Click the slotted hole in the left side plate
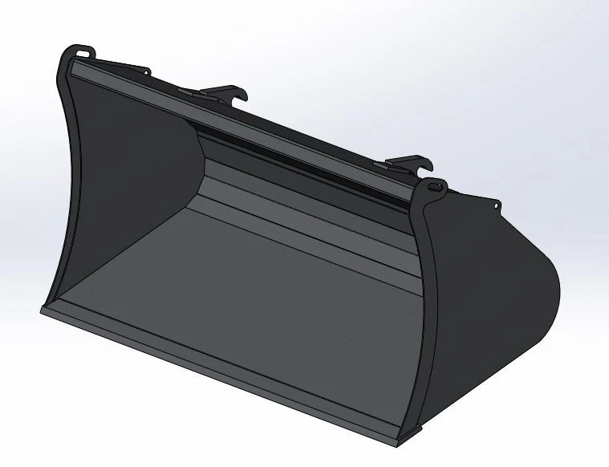tap(83, 53)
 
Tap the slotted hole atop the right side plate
tap(435, 186)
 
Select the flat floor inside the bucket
tap(241, 297)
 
